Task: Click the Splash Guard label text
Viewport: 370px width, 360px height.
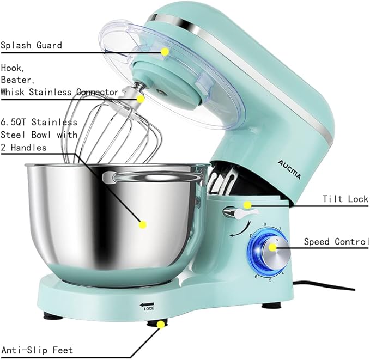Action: click(31, 45)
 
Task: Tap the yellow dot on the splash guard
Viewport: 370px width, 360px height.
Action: click(164, 51)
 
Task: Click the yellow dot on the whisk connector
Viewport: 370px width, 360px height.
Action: click(141, 99)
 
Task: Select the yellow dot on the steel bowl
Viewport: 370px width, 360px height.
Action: click(143, 223)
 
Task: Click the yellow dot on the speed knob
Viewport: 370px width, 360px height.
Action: click(273, 248)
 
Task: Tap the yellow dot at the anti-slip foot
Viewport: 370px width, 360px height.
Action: click(160, 325)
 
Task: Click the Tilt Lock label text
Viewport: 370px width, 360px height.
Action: click(345, 199)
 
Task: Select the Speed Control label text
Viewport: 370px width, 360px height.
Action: click(336, 241)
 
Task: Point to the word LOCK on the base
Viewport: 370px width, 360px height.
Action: click(149, 308)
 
